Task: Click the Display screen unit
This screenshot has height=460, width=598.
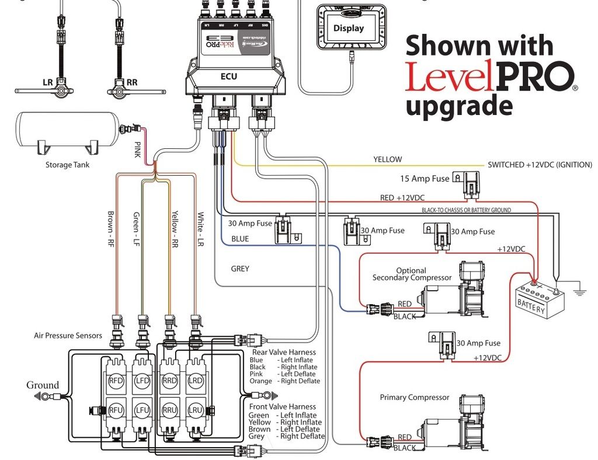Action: (349, 28)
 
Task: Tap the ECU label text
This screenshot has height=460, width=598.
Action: (228, 76)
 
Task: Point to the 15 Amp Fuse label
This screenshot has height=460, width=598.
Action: (425, 179)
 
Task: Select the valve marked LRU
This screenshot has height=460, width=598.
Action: (195, 410)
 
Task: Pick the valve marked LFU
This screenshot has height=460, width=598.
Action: (142, 410)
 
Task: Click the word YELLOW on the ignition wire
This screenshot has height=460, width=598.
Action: (387, 159)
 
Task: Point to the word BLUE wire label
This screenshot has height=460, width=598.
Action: (239, 239)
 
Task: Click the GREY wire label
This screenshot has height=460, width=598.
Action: (239, 269)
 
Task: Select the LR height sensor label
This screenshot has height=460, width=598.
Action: (48, 82)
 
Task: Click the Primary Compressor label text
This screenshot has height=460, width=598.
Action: (415, 398)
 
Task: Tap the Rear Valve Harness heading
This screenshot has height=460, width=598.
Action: (284, 352)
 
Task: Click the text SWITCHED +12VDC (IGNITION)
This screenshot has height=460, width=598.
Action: (540, 165)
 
